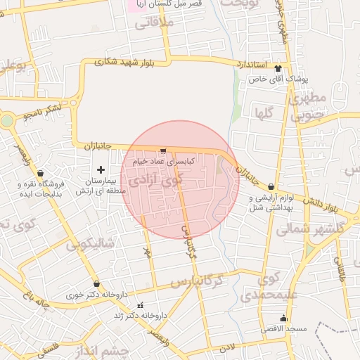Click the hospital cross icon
[x=101, y=169]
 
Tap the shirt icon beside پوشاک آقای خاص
[x=278, y=69]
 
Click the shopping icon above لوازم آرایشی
[x=271, y=187]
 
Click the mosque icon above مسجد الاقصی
[x=283, y=318]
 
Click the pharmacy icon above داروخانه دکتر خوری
[x=96, y=284]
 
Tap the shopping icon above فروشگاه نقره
[x=41, y=173]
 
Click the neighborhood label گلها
[x=264, y=112]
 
